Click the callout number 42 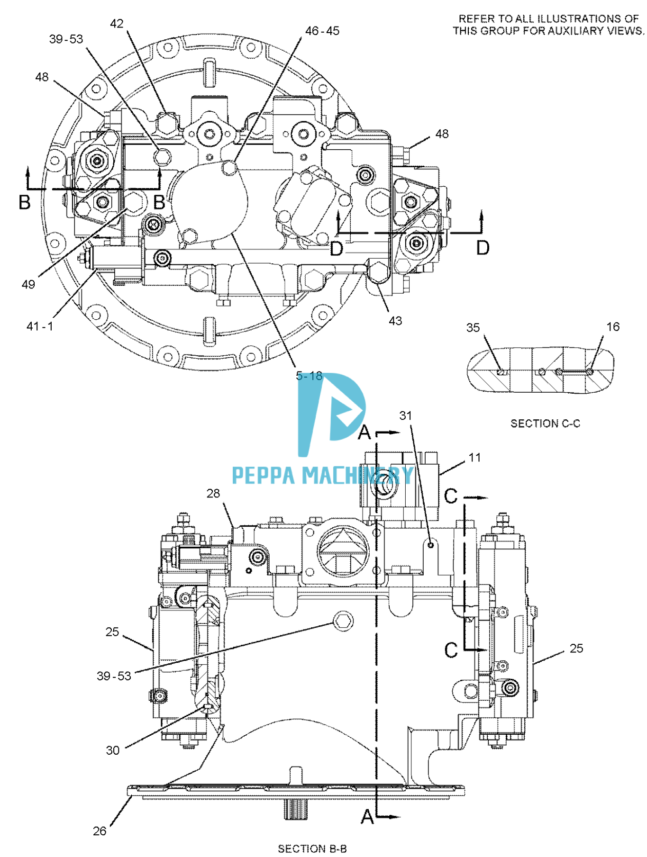point(117,24)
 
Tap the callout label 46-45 point(322,31)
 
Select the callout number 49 point(28,284)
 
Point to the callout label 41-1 point(40,326)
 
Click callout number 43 point(395,321)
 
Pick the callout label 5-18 point(309,376)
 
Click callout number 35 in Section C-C point(473,327)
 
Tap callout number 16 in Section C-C point(613,326)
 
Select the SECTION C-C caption point(545,423)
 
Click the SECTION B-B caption point(312,848)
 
